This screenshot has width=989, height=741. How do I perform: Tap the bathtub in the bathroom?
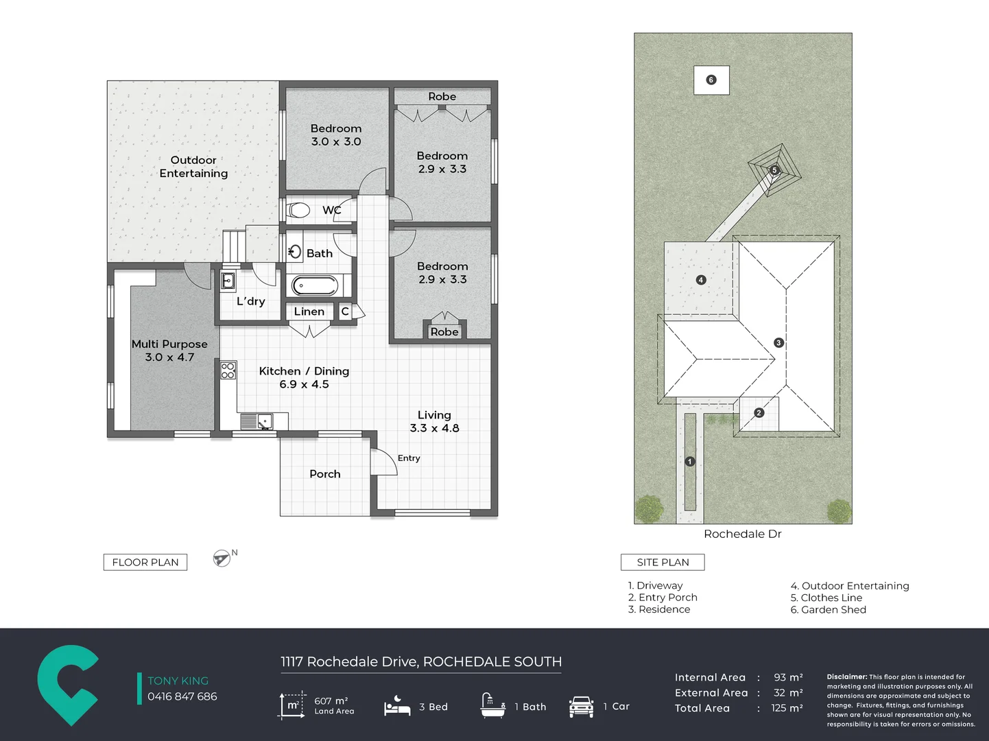pyautogui.click(x=315, y=285)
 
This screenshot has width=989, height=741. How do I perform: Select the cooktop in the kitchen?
pyautogui.click(x=228, y=370)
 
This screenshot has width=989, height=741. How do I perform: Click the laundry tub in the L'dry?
pyautogui.click(x=228, y=281)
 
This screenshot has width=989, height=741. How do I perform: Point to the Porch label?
pyautogui.click(x=325, y=473)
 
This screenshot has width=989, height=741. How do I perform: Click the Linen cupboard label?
pyautogui.click(x=309, y=311)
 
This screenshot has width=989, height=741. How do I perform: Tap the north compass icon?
pyautogui.click(x=222, y=558)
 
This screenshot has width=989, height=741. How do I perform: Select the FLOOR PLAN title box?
pyautogui.click(x=145, y=562)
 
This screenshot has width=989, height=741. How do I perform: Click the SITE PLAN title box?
pyautogui.click(x=663, y=562)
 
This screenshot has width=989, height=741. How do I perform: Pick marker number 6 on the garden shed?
pyautogui.click(x=711, y=80)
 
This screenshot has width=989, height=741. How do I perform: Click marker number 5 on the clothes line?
pyautogui.click(x=774, y=170)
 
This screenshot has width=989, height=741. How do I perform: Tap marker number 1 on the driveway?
pyautogui.click(x=690, y=461)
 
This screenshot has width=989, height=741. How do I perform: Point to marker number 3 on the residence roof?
pyautogui.click(x=778, y=342)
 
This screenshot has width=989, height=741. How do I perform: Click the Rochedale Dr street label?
pyautogui.click(x=743, y=534)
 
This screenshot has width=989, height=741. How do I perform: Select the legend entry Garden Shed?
pyautogui.click(x=829, y=610)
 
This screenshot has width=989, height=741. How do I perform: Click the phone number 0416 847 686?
pyautogui.click(x=182, y=696)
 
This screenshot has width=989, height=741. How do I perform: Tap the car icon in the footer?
pyautogui.click(x=581, y=706)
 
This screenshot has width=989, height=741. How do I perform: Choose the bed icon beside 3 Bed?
pyautogui.click(x=397, y=705)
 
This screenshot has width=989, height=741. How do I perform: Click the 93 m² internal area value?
pyautogui.click(x=788, y=677)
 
